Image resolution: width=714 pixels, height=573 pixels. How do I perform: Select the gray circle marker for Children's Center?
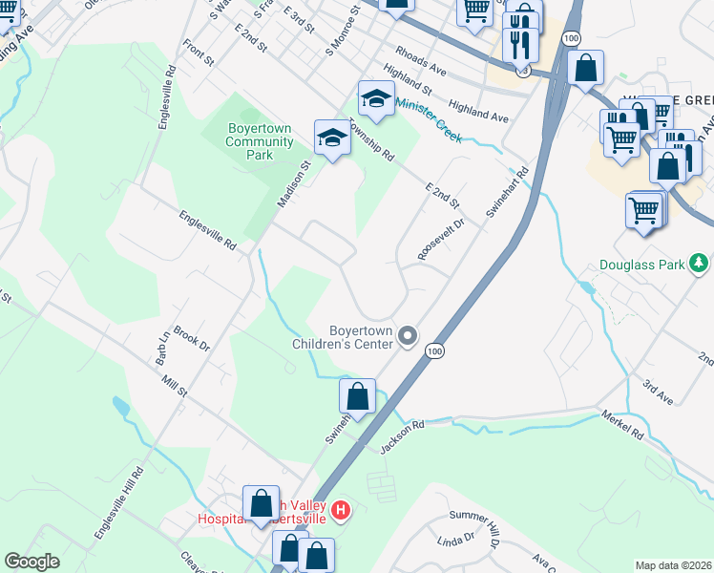click(x=409, y=334)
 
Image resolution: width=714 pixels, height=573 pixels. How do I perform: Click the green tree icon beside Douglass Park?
click(x=700, y=262)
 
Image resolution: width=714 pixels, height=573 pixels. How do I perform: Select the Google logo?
click(x=31, y=562)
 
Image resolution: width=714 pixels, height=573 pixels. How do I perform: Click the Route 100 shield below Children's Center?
click(x=434, y=352)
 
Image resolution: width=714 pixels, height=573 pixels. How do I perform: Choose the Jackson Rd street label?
click(x=401, y=434)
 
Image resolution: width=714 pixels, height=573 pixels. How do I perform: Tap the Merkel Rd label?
click(x=625, y=424)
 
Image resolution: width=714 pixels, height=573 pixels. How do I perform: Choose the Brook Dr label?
click(x=191, y=339)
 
